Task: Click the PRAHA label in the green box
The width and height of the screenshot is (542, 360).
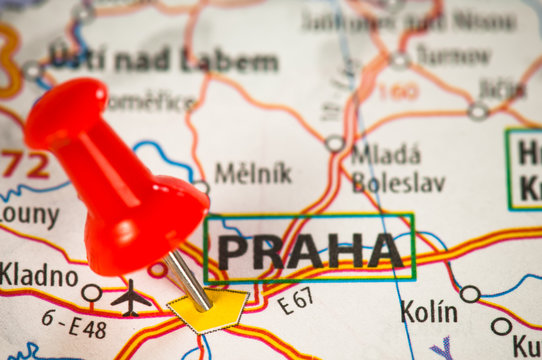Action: point(309,250)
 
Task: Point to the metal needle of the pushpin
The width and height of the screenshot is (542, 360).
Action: point(188,279)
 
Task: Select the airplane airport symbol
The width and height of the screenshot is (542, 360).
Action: point(130,298)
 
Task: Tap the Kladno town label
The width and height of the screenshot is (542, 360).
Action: point(38,273)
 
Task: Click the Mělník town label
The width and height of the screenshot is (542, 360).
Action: point(253,173)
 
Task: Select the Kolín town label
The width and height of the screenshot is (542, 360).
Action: point(429,312)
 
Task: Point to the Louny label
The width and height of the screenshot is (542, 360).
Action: point(29,214)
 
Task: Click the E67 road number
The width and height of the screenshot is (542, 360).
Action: point(297,299)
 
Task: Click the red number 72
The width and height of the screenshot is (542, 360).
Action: point(24,165)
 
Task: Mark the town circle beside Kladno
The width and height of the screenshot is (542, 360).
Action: point(91,293)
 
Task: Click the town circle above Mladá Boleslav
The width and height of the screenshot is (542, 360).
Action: point(335,143)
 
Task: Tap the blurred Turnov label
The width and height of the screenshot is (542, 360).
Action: point(454,55)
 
